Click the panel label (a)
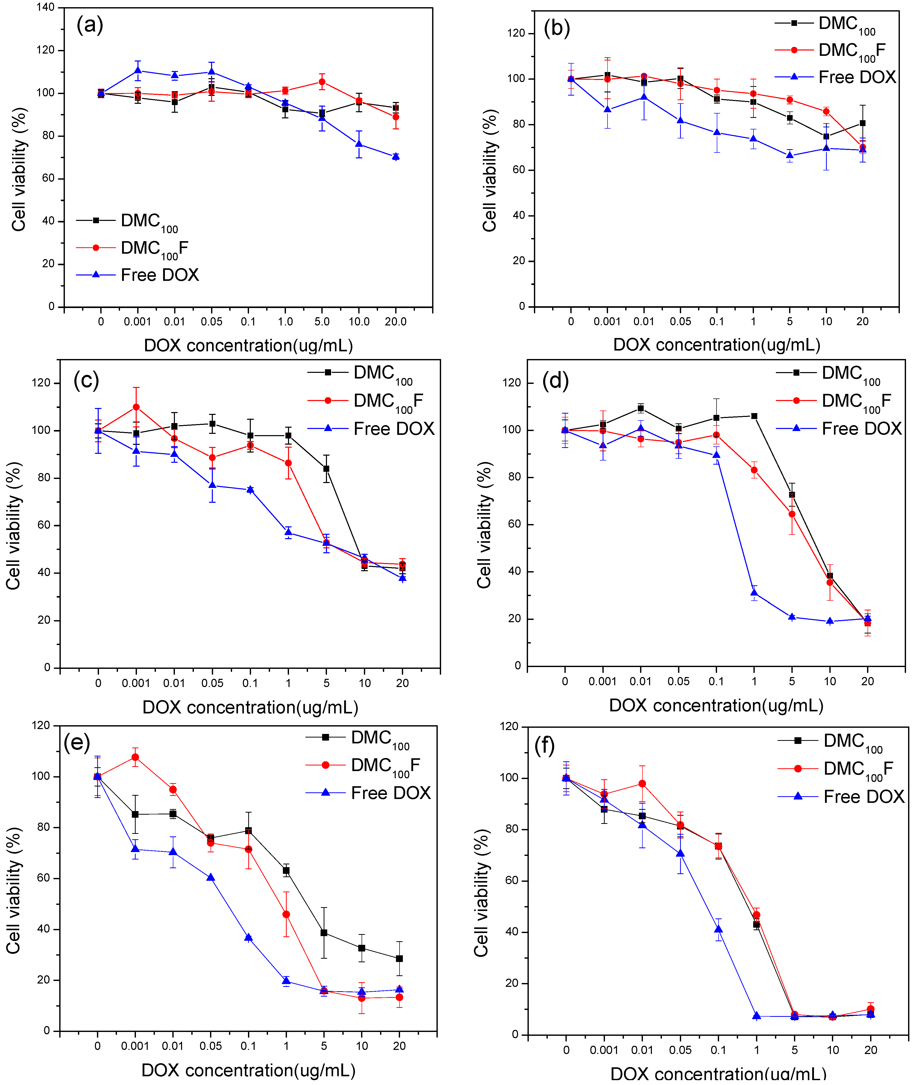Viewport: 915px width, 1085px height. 90,24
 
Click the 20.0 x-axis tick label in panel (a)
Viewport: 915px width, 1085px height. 395,321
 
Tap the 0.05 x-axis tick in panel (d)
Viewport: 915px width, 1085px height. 679,681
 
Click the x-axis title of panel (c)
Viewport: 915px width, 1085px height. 250,707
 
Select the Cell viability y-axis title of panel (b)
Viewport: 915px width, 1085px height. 489,170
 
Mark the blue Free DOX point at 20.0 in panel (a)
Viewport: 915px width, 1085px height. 396,157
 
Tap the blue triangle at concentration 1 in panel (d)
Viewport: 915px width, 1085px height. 754,592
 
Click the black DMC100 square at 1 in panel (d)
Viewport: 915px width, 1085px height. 754,416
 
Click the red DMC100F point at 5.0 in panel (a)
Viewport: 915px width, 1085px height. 322,82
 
